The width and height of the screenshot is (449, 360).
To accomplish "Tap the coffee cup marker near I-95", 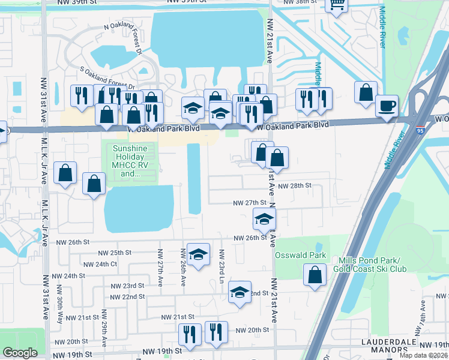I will point(387,106).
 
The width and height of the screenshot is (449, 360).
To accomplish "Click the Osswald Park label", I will point(300,255).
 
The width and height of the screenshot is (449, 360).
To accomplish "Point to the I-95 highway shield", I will point(419,129).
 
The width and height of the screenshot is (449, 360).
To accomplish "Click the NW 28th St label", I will point(294,186).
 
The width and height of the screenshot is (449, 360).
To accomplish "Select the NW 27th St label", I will point(250,203).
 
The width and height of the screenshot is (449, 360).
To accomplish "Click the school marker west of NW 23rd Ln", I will point(197,254).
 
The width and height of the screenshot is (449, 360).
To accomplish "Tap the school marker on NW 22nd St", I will point(240,292).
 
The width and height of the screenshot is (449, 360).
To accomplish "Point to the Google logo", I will point(20,353).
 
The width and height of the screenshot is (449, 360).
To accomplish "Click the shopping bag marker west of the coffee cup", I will point(366,93).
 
